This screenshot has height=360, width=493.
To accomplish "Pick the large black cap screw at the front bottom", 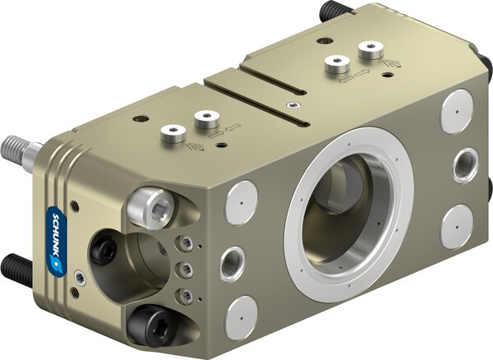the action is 150,325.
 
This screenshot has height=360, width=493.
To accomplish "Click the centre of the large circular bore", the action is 349,214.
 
